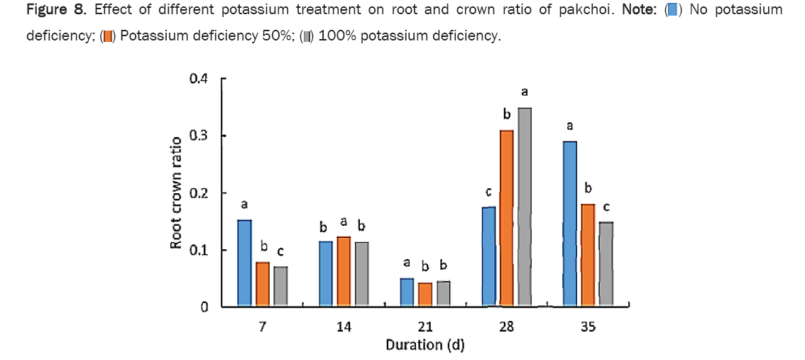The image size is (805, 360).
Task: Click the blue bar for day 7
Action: point(244,263)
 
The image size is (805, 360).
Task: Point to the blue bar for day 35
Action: point(570,224)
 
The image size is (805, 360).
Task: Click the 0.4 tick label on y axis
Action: point(199,79)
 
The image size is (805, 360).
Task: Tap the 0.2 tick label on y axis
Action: point(199,193)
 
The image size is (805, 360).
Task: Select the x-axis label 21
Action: point(425,327)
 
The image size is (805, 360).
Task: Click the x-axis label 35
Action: point(588,327)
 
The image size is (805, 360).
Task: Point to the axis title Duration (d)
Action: point(425,345)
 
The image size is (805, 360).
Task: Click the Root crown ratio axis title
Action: point(175,192)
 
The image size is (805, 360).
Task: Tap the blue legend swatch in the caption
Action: point(672,11)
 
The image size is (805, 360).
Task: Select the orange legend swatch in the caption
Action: point(108,36)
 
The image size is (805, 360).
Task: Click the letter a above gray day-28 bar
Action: point(525,92)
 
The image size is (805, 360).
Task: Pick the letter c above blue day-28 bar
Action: point(489,192)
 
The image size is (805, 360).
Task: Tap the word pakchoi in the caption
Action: point(591,11)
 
